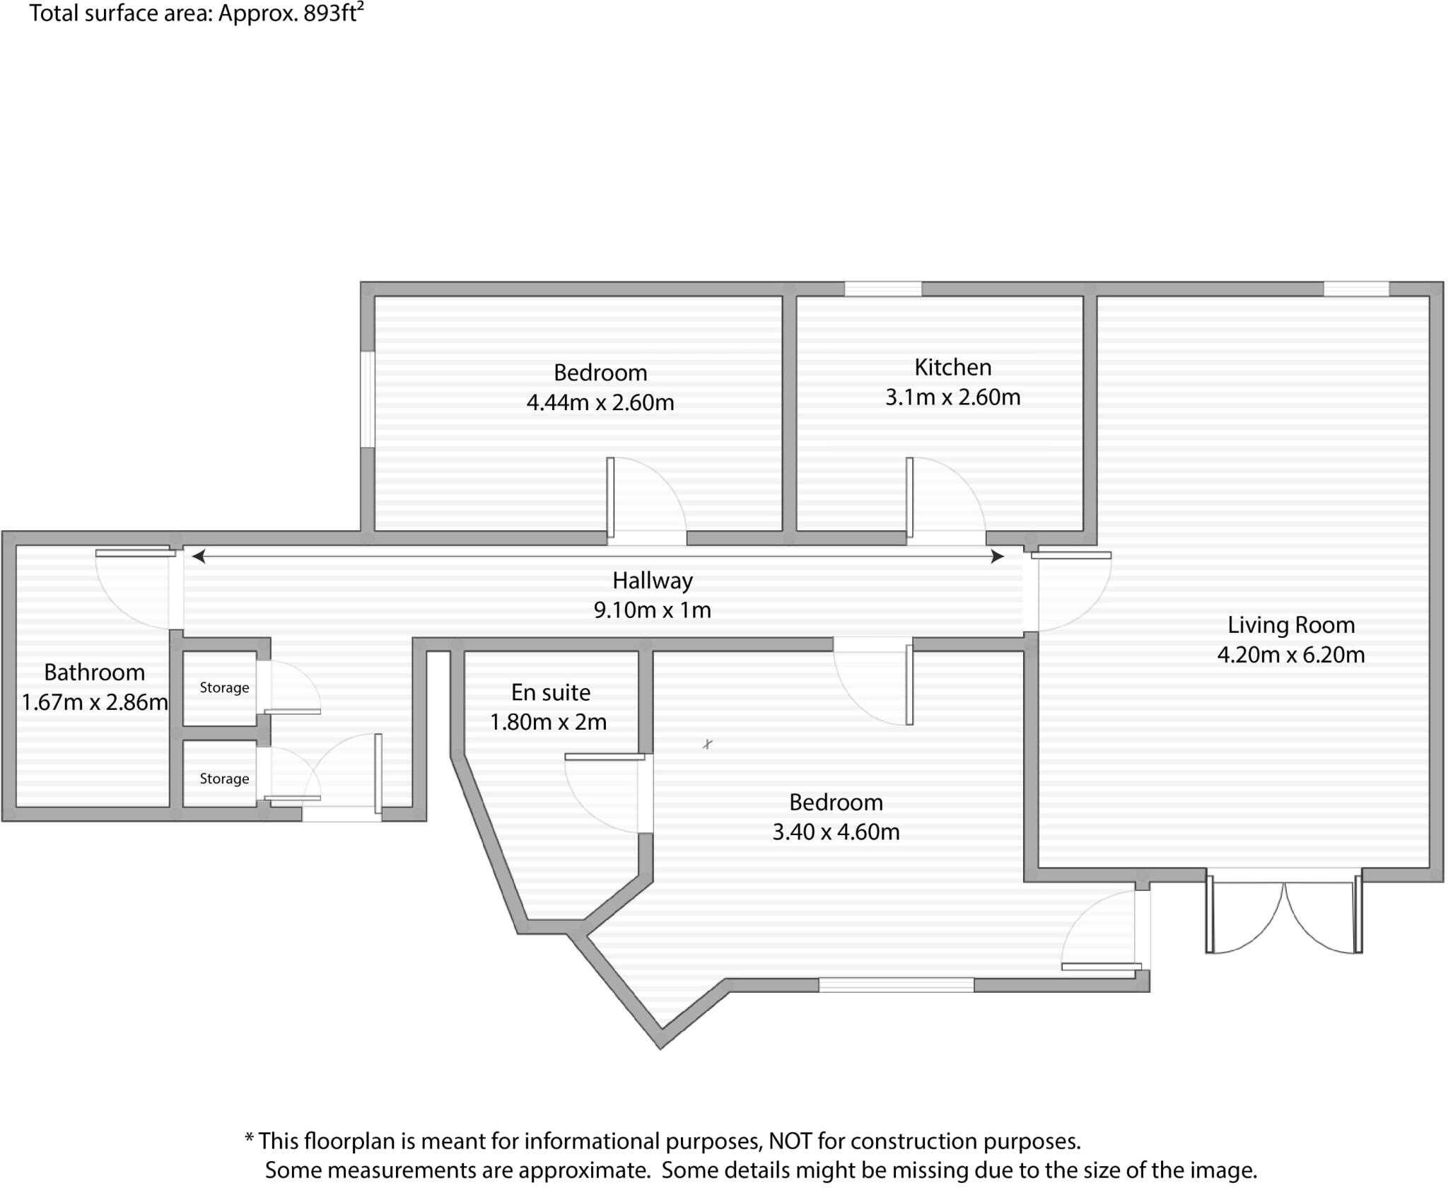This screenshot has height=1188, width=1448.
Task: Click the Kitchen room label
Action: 952,367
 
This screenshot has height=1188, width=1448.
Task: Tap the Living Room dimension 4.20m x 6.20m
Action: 1290,655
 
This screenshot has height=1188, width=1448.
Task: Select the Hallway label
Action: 652,581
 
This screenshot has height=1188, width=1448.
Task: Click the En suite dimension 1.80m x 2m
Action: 548,722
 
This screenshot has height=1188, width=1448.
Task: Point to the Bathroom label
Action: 94,672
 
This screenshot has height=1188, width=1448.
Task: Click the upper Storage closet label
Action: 224,687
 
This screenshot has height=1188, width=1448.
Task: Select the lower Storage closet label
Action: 224,779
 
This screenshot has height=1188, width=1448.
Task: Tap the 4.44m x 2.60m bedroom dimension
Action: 600,402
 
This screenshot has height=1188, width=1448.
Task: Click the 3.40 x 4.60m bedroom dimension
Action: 835,832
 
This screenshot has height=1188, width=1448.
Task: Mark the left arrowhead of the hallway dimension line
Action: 199,557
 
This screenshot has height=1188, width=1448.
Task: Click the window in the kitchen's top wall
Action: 883,289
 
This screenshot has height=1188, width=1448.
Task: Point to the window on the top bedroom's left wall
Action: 367,400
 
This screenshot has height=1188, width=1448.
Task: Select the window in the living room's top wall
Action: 1355,289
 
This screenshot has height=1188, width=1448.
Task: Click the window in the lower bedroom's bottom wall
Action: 896,984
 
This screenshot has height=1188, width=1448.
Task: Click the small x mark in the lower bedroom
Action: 707,744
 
